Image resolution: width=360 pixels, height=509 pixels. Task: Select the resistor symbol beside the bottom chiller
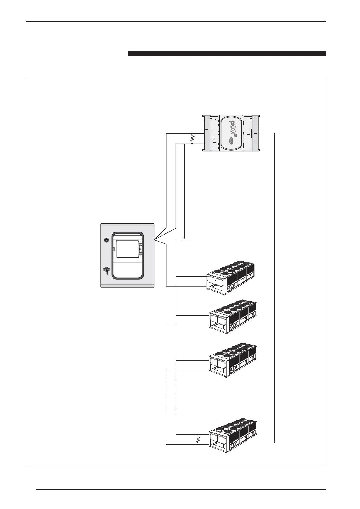[x=198, y=440]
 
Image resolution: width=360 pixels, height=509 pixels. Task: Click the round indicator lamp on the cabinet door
[x=106, y=240]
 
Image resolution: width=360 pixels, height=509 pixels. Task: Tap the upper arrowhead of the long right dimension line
[x=274, y=133]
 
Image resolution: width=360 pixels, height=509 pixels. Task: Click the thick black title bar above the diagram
[x=227, y=53]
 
